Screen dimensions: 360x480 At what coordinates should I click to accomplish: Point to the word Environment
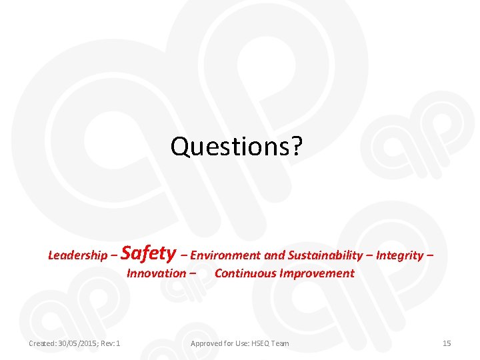pyautogui.click(x=226, y=255)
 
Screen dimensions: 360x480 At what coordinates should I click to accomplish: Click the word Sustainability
pyautogui.click(x=325, y=255)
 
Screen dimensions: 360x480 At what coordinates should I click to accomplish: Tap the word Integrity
pyautogui.click(x=400, y=255)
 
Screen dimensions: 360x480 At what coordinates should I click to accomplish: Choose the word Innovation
pyautogui.click(x=156, y=273)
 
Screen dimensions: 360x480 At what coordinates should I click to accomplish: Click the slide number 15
pyautogui.click(x=447, y=343)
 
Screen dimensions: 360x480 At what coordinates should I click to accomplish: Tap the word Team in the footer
pyautogui.click(x=281, y=343)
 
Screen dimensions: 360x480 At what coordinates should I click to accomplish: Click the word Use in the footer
pyautogui.click(x=239, y=343)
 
